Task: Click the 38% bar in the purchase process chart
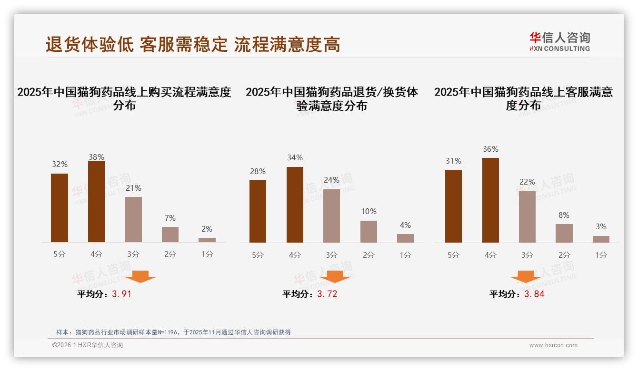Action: point(96,202)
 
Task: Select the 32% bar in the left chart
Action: point(60,208)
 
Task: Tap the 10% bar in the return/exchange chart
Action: point(369,232)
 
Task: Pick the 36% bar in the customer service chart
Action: point(490,200)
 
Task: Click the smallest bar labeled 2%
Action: point(207,240)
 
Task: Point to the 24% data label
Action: point(331,180)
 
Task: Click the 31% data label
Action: point(453,161)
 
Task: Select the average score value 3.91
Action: point(121,294)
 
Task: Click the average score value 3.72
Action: point(327,294)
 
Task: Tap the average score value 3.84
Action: point(534,294)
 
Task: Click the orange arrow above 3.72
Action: point(335,277)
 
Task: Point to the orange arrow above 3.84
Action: point(526,277)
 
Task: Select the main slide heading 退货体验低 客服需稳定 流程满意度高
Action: point(193,45)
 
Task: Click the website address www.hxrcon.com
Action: point(553,345)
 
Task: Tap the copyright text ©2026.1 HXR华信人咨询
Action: point(88,345)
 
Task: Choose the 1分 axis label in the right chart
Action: point(601,255)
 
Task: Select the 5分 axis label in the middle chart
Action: point(258,255)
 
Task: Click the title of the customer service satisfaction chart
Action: point(523,98)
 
